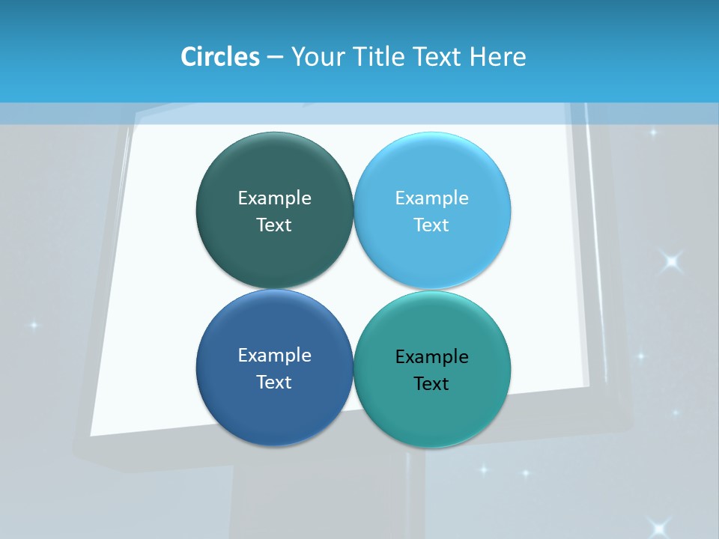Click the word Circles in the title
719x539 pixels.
click(219, 57)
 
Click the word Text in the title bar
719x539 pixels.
click(438, 57)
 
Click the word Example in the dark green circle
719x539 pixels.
click(274, 198)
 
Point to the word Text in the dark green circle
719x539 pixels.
click(274, 225)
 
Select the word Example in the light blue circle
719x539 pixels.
click(431, 198)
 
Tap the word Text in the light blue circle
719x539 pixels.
click(431, 225)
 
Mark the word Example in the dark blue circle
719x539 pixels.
click(274, 355)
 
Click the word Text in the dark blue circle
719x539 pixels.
click(274, 382)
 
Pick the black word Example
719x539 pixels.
click(431, 356)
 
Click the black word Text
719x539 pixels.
click(431, 383)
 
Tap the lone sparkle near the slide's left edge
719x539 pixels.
click(33, 325)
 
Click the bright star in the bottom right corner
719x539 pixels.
click(659, 527)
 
